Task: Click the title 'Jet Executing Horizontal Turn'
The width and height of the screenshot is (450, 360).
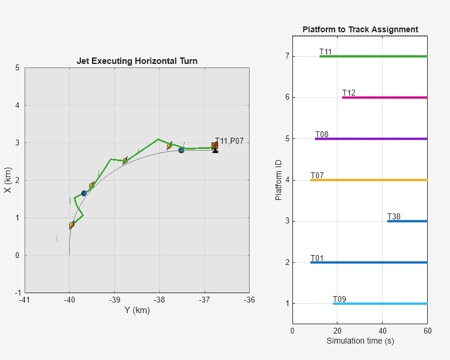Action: tap(137, 61)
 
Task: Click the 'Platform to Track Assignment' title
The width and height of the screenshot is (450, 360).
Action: tap(360, 29)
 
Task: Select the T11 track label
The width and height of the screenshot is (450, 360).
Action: tap(326, 52)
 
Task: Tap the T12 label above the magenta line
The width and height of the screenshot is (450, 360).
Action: tap(349, 93)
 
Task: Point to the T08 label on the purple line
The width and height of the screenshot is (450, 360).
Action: tap(322, 135)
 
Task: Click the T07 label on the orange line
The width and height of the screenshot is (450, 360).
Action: tap(317, 176)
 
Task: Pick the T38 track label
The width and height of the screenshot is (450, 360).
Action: tap(394, 217)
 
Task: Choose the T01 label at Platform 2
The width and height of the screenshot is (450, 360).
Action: tap(317, 259)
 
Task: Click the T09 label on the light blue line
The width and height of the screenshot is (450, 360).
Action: tap(339, 300)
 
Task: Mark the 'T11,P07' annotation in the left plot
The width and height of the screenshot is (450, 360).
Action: tap(229, 141)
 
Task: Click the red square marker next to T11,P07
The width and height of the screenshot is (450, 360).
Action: tap(214, 145)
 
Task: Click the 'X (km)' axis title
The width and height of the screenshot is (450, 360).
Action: tap(8, 180)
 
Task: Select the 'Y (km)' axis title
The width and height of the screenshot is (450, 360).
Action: tap(137, 310)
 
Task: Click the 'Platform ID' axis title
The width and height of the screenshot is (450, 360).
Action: tap(279, 180)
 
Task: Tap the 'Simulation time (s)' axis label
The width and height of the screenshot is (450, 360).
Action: tap(360, 341)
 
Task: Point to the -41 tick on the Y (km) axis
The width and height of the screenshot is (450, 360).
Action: tap(25, 300)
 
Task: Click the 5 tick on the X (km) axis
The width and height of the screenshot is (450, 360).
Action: tap(18, 68)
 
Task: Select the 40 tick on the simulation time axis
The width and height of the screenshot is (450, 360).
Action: tap(382, 331)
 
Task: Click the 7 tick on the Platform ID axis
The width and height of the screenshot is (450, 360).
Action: tap(288, 57)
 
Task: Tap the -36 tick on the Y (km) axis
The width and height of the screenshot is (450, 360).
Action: tap(249, 300)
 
